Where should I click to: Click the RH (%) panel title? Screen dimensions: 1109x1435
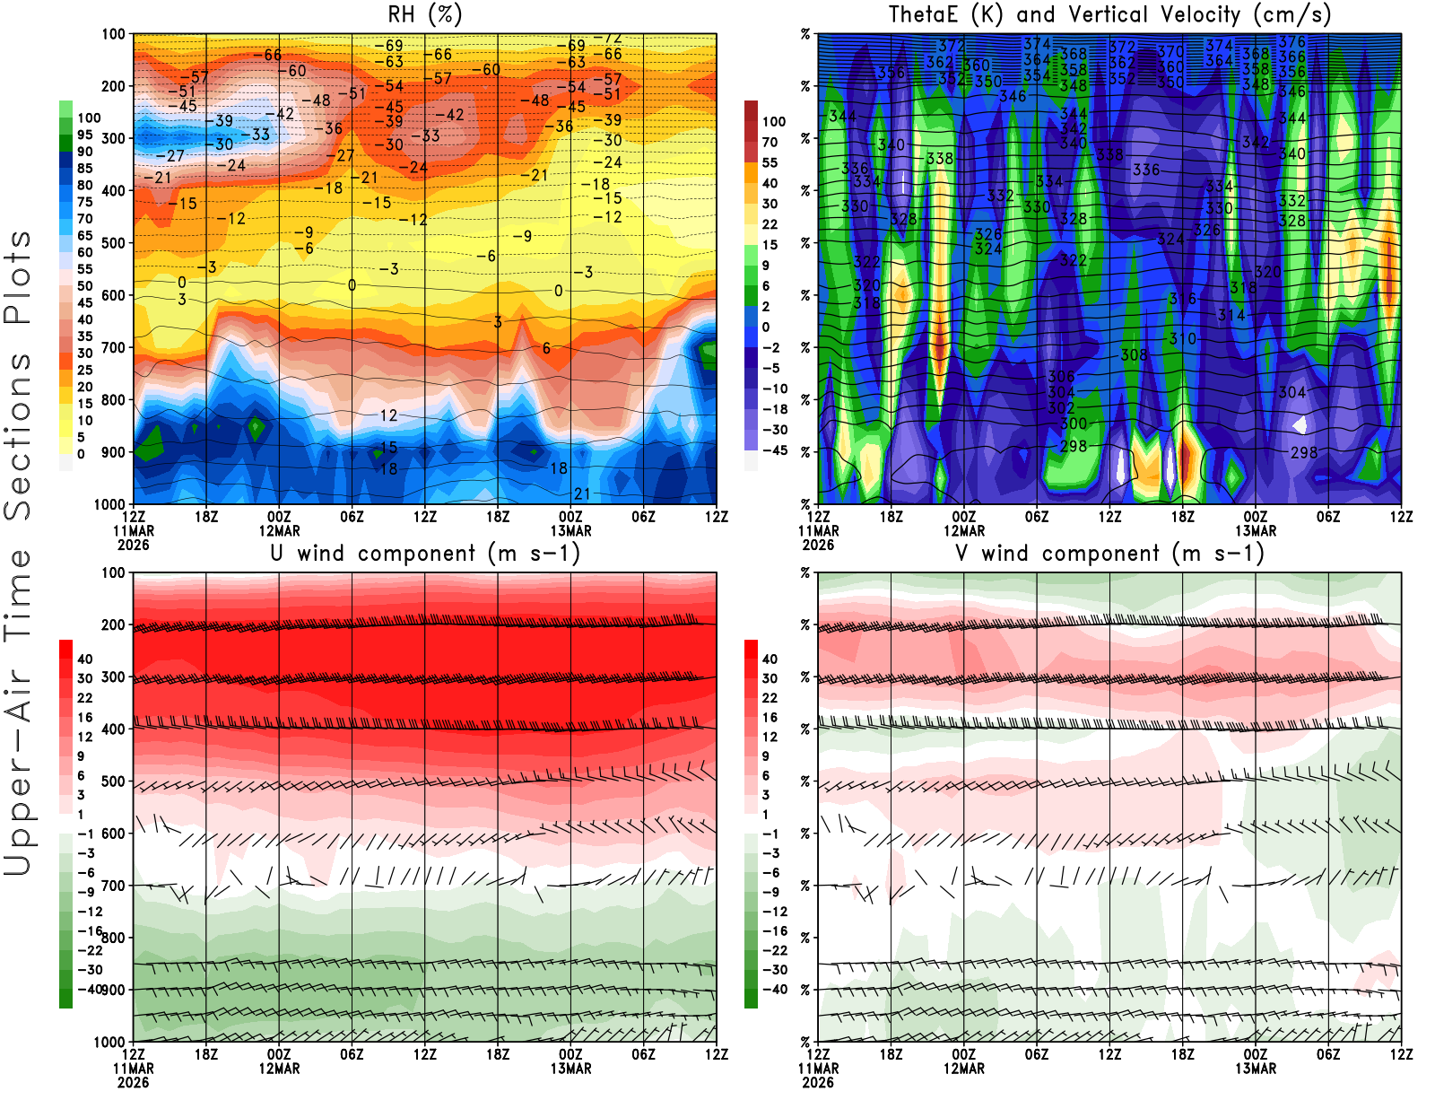(424, 14)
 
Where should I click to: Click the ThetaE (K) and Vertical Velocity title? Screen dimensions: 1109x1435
(1109, 14)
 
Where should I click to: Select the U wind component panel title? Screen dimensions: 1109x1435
(425, 554)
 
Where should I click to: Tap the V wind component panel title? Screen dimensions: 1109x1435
(1109, 554)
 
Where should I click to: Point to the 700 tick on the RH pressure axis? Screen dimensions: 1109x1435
(114, 347)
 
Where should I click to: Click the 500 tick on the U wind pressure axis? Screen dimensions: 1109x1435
(114, 782)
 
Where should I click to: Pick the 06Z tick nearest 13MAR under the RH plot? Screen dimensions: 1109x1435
(643, 517)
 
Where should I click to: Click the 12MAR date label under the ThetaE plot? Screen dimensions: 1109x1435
(964, 530)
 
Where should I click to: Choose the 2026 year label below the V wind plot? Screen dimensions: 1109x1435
(818, 1082)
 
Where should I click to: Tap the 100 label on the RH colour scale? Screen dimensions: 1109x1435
(89, 118)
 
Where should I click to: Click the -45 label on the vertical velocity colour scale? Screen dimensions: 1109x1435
(775, 450)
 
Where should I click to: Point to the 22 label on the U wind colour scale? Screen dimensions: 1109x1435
(85, 698)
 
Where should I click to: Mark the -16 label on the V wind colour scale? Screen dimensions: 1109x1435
(775, 931)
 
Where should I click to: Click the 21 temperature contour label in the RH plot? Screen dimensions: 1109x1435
(582, 493)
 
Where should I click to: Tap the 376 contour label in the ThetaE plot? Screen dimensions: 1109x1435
(1291, 42)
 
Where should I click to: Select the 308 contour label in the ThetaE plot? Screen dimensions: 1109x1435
(1134, 355)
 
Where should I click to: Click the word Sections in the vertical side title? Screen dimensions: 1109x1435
(18, 436)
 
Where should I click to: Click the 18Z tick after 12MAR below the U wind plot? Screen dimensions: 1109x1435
(498, 1055)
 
